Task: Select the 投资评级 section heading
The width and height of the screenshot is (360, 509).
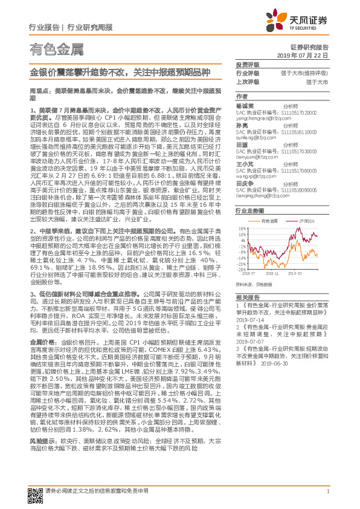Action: [x=246, y=64]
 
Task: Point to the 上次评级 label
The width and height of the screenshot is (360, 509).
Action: [x=247, y=81]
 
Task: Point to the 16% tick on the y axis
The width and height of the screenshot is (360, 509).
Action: [x=242, y=229]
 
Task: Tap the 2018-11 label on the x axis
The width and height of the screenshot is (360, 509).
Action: [x=273, y=273]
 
